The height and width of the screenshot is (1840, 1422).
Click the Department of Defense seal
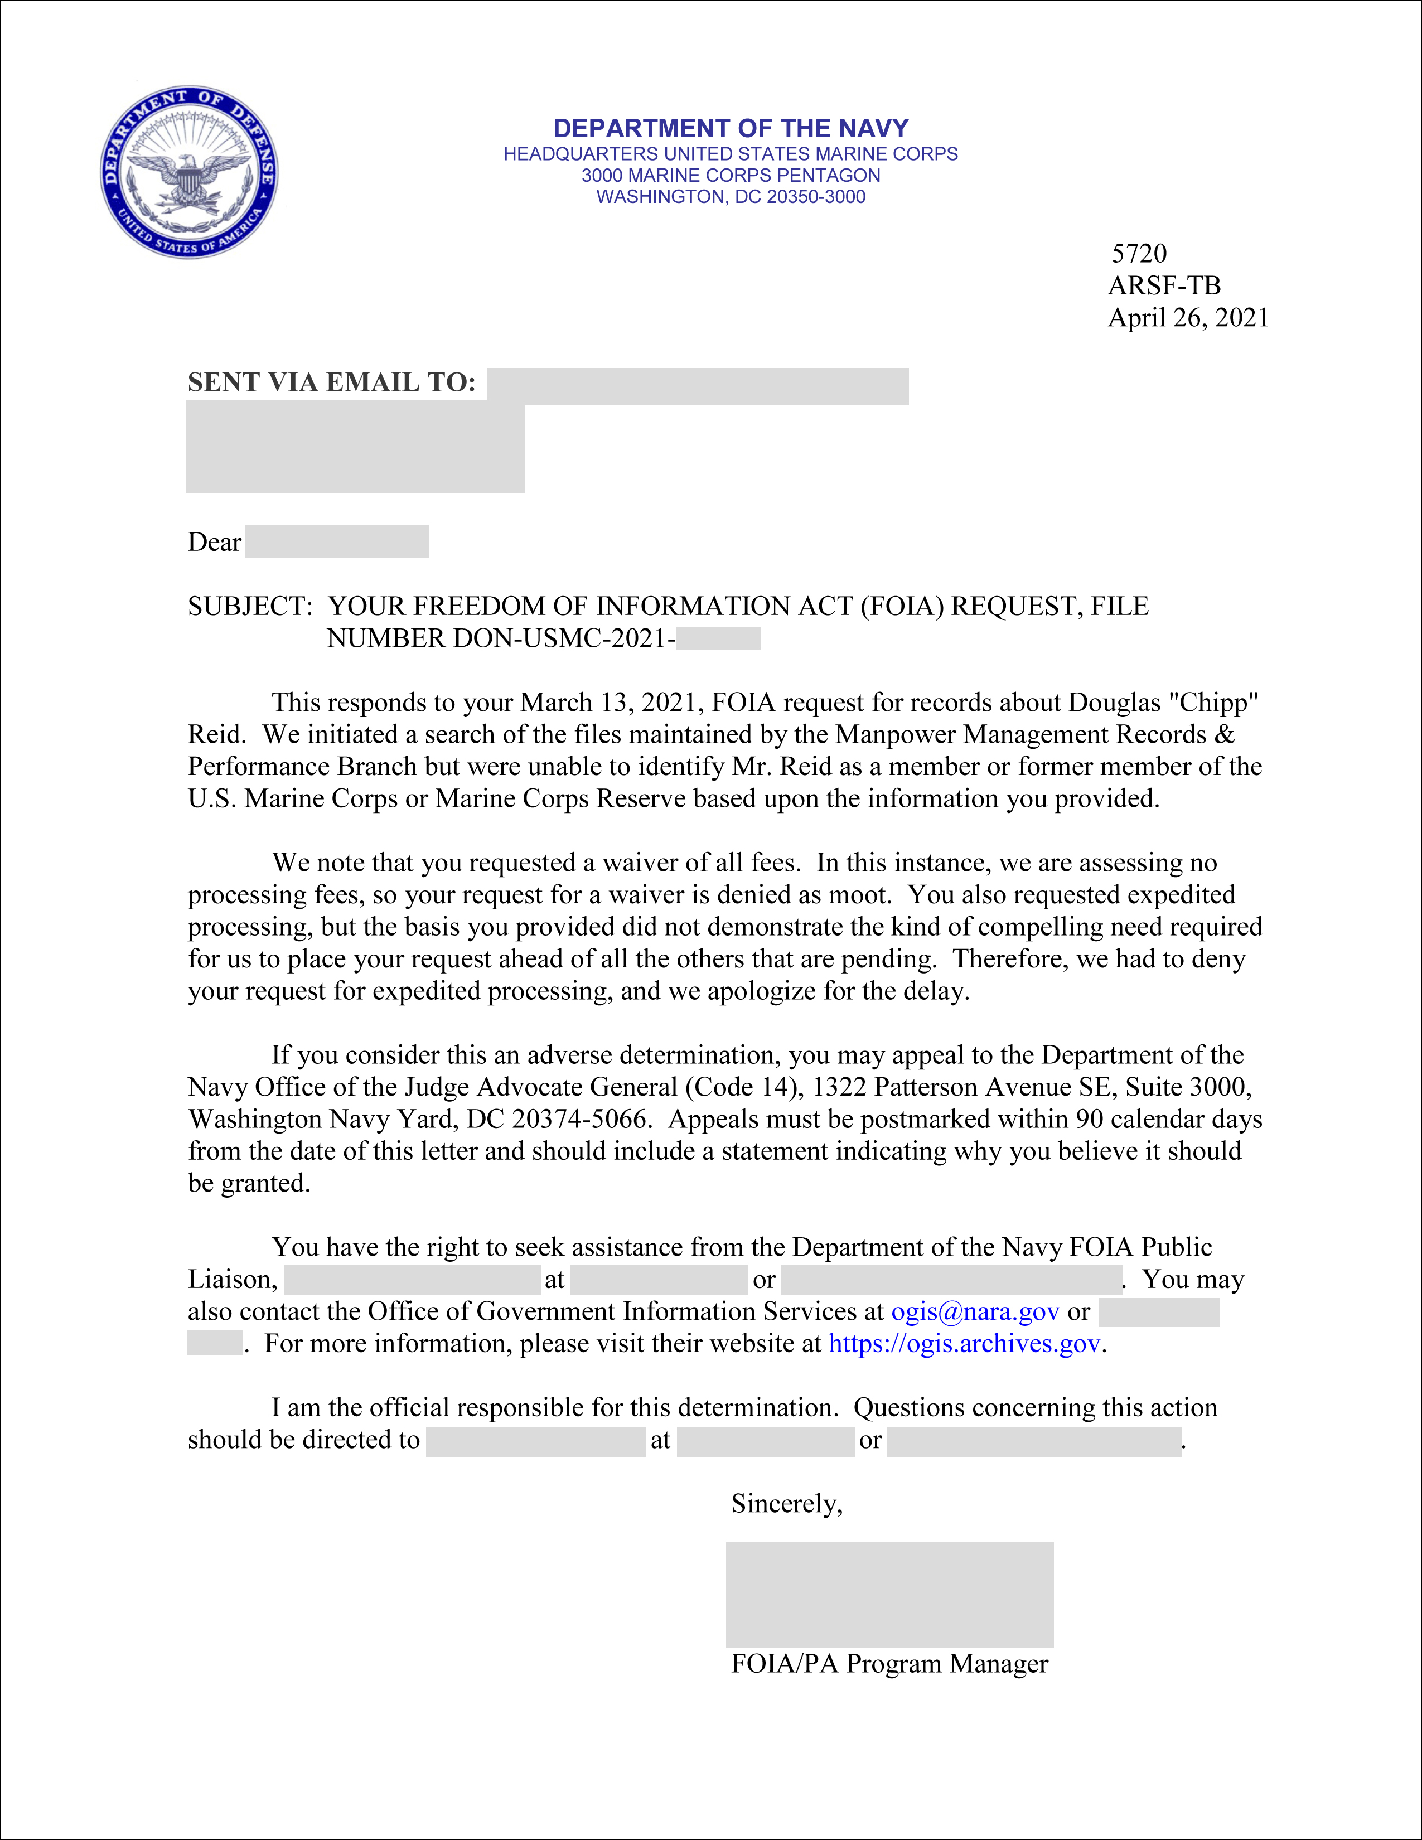(190, 172)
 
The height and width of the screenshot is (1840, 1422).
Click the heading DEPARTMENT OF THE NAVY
(731, 128)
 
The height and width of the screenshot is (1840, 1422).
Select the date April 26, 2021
(1188, 318)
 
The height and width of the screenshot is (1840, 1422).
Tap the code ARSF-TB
(1164, 285)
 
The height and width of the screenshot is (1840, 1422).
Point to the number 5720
(1139, 254)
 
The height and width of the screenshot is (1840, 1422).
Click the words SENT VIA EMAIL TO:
(331, 382)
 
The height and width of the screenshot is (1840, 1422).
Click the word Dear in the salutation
(214, 542)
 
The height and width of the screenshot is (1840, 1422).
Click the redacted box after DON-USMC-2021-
(719, 638)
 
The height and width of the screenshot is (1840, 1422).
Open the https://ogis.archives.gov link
(965, 1343)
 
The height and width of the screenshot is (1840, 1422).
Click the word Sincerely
(786, 1503)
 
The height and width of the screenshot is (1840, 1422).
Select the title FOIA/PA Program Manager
(889, 1664)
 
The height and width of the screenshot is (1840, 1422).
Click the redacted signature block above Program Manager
(889, 1594)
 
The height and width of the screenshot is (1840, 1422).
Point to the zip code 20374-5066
(581, 1119)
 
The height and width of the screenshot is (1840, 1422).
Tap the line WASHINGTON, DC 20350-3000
(731, 196)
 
